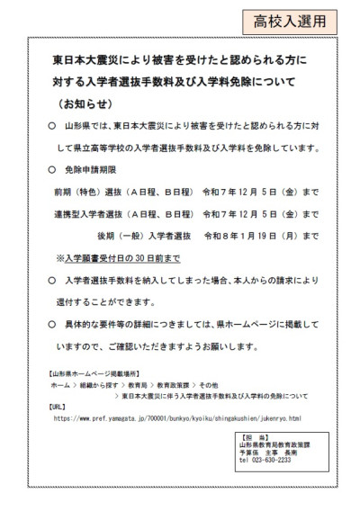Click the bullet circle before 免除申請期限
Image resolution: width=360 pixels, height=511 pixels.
click(x=51, y=167)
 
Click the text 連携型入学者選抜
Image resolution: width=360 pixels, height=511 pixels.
click(x=88, y=213)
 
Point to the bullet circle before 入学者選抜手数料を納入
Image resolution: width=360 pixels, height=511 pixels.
click(x=51, y=280)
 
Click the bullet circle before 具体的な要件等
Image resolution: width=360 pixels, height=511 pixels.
click(x=51, y=324)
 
